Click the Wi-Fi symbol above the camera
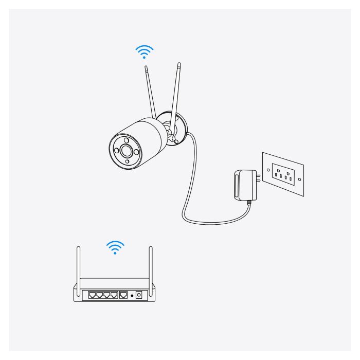point(145,51)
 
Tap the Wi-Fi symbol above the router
point(115,247)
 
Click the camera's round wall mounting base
point(182,126)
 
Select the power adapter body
point(241,185)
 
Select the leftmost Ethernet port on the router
point(93,295)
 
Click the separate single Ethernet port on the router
point(124,295)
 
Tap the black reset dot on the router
point(132,296)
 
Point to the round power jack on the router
point(138,296)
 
